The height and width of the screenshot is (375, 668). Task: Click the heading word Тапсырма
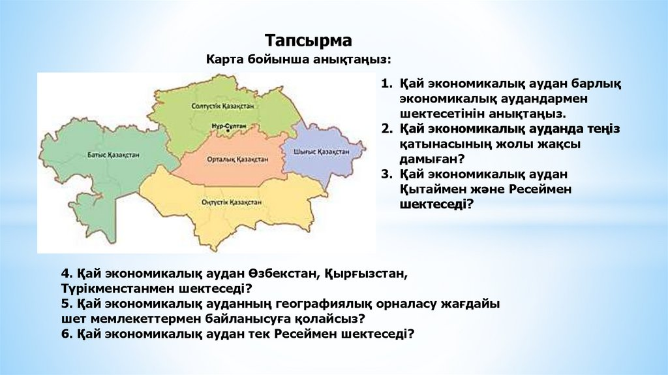click(x=309, y=41)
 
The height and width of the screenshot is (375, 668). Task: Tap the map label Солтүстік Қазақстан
click(x=222, y=106)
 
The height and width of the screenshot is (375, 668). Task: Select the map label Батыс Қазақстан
click(x=114, y=155)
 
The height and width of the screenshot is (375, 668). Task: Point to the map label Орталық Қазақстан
click(x=237, y=159)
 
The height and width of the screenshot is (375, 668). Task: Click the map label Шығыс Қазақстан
click(x=322, y=152)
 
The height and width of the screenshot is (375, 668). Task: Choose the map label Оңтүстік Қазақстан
click(x=232, y=203)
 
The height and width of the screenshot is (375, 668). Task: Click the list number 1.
click(x=386, y=84)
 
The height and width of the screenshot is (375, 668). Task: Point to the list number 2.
click(x=386, y=129)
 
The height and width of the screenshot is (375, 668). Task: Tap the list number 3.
click(x=386, y=174)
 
